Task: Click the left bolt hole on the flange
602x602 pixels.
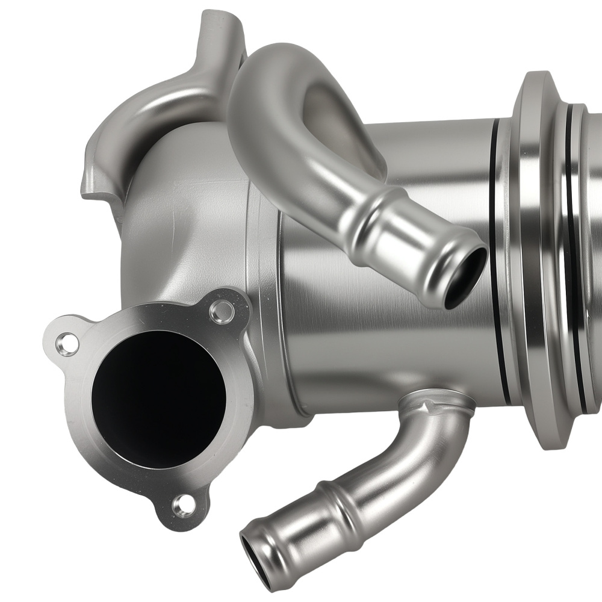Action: point(67,344)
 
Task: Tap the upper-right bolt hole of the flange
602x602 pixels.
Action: point(222,311)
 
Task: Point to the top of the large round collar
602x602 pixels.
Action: point(539,81)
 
